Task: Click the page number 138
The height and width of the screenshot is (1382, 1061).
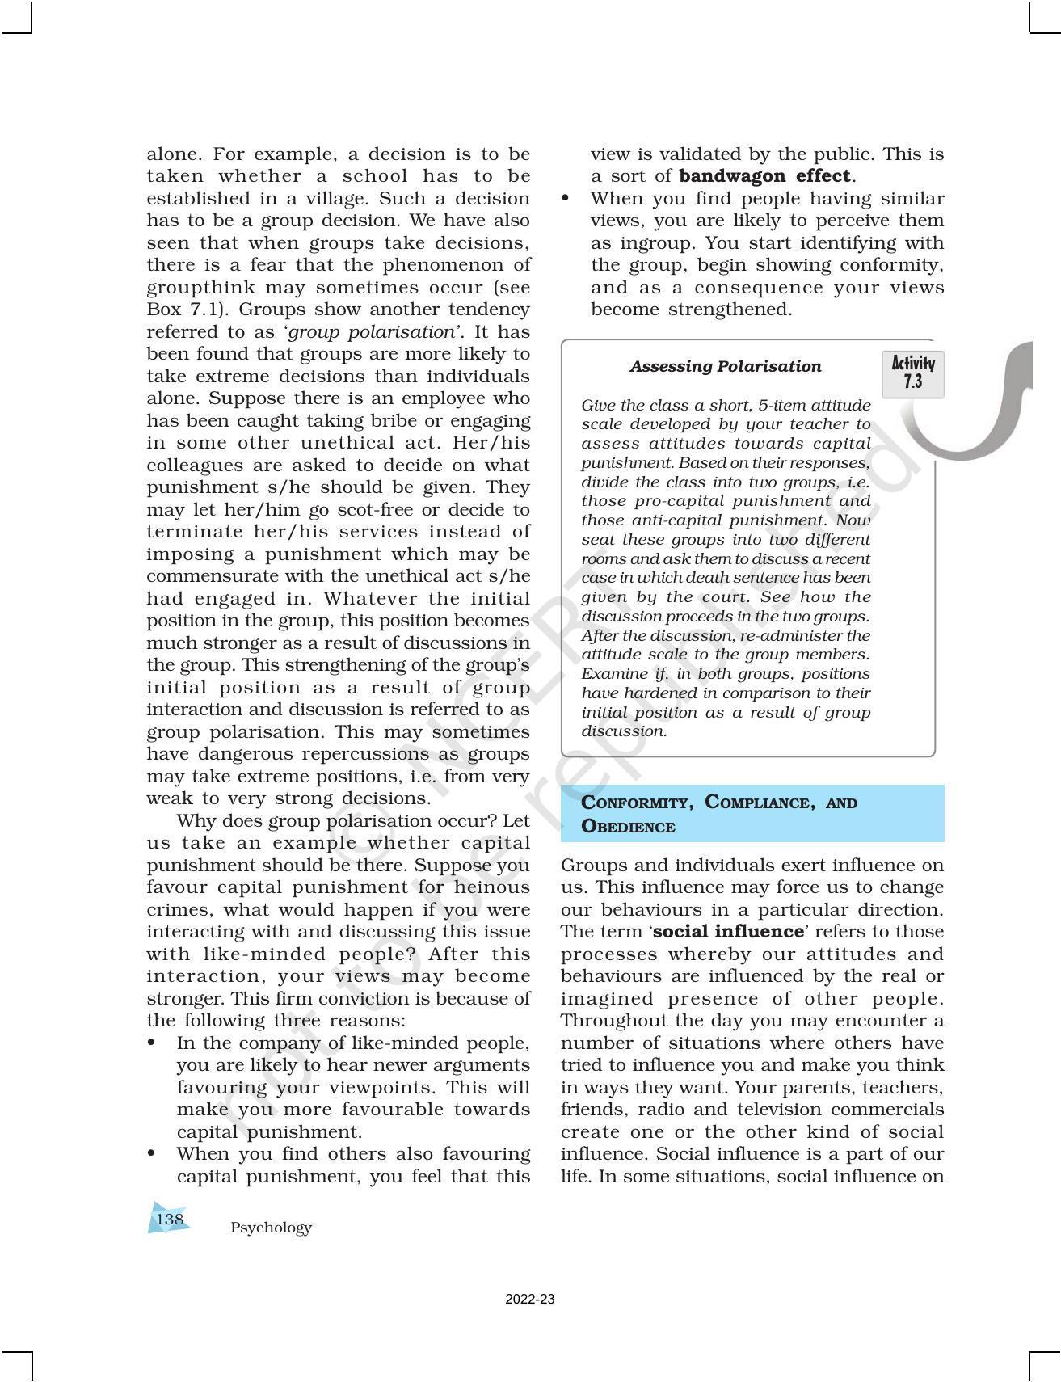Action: click(x=170, y=1219)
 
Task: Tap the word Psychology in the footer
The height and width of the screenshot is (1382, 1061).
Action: click(x=271, y=1228)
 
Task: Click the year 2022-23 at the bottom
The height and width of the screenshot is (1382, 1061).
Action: click(x=530, y=1300)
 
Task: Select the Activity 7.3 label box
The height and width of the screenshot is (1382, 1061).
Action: click(x=913, y=373)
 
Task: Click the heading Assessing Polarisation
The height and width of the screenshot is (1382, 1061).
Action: click(x=725, y=366)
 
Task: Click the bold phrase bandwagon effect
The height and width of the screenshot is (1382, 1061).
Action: click(x=764, y=176)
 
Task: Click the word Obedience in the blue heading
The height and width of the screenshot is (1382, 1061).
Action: click(x=628, y=827)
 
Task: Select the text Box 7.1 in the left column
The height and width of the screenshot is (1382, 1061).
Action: click(x=187, y=310)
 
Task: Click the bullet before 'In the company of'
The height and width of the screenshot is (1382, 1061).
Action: click(x=151, y=1043)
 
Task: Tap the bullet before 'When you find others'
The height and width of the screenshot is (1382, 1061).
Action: click(x=151, y=1154)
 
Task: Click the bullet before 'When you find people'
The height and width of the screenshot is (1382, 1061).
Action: click(x=566, y=199)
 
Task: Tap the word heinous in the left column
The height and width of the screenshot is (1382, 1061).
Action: click(x=495, y=887)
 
